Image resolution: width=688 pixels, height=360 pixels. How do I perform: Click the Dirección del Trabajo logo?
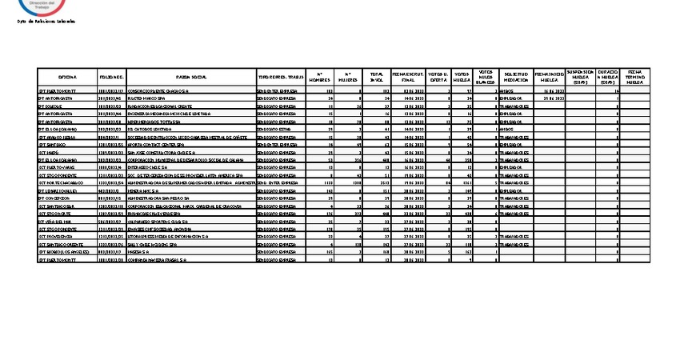click(x=44, y=6)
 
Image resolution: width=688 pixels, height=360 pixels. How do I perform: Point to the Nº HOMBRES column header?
click(x=319, y=77)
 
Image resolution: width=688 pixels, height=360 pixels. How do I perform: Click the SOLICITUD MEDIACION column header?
click(x=515, y=77)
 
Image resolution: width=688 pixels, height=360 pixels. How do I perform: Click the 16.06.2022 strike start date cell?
click(x=550, y=92)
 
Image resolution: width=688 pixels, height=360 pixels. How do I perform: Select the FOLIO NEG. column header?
click(x=111, y=77)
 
